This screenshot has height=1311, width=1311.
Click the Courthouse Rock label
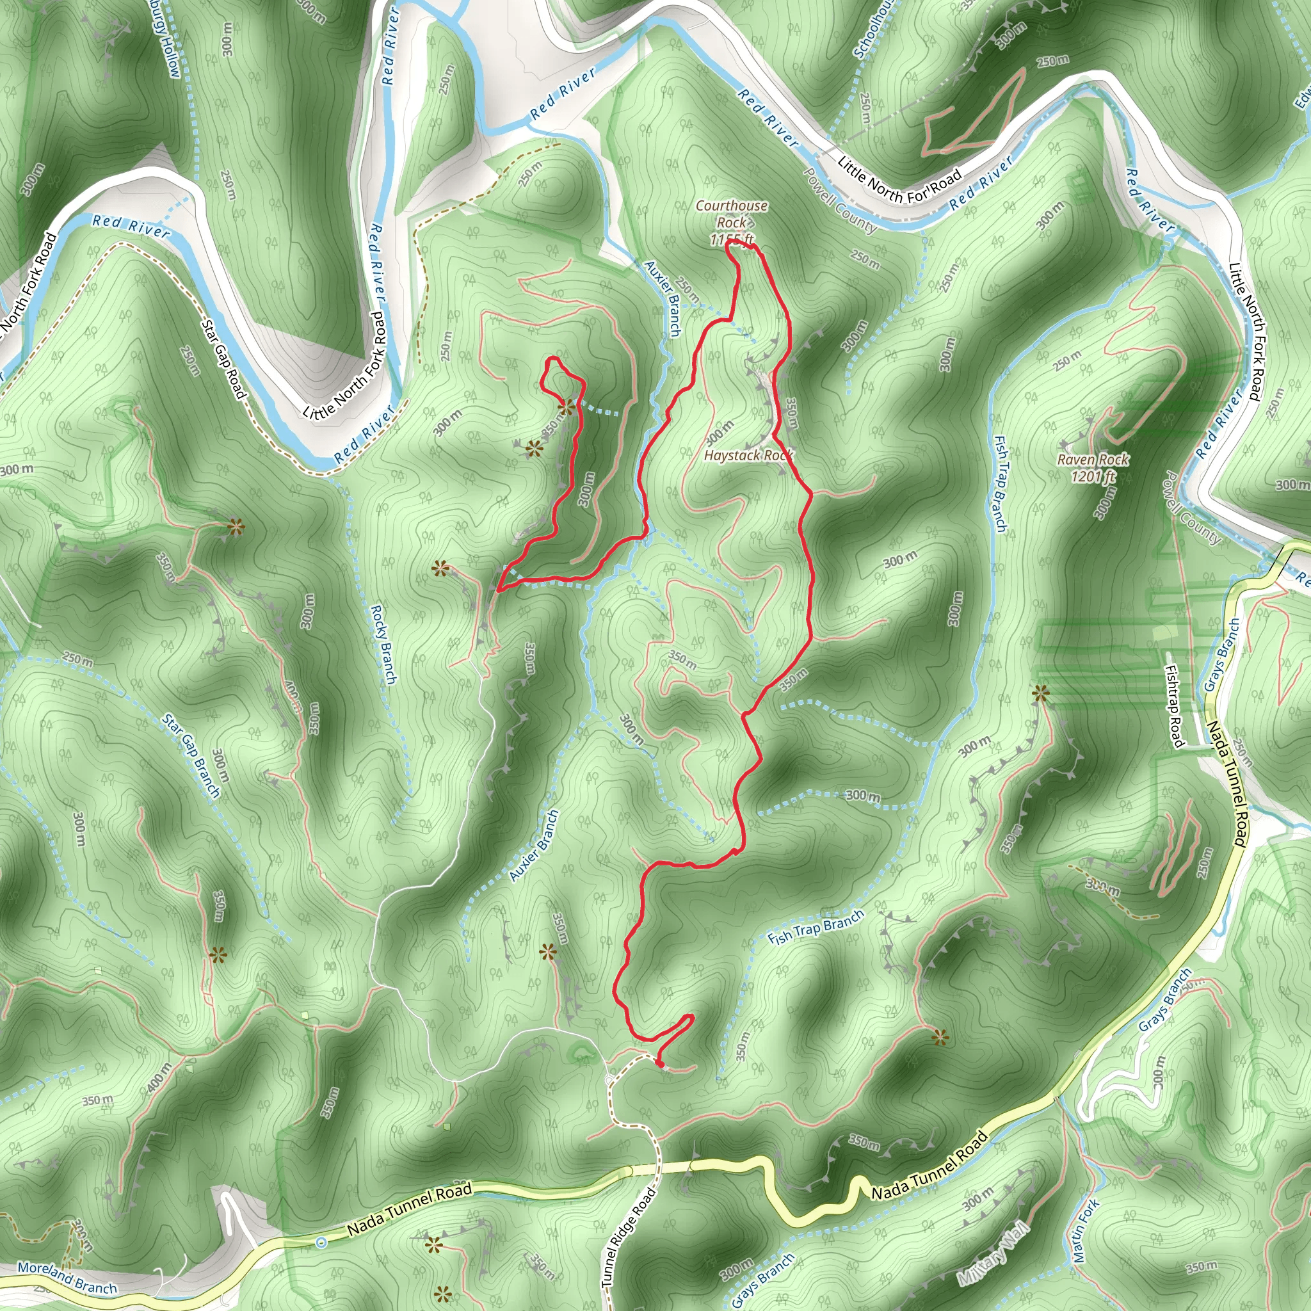point(732,214)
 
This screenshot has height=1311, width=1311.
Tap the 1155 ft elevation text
point(732,239)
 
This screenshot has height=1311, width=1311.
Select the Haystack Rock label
point(748,455)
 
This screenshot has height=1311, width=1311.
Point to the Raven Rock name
point(1093,460)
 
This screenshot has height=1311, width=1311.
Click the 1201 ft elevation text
point(1093,476)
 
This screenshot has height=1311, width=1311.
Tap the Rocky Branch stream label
point(383,644)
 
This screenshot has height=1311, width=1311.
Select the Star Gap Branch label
point(191,755)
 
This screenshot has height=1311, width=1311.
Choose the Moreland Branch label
point(67,1276)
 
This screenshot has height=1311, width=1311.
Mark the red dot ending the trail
point(660,1064)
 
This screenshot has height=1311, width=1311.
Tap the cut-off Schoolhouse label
point(874,29)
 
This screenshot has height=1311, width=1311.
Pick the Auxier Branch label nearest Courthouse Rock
point(663,298)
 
